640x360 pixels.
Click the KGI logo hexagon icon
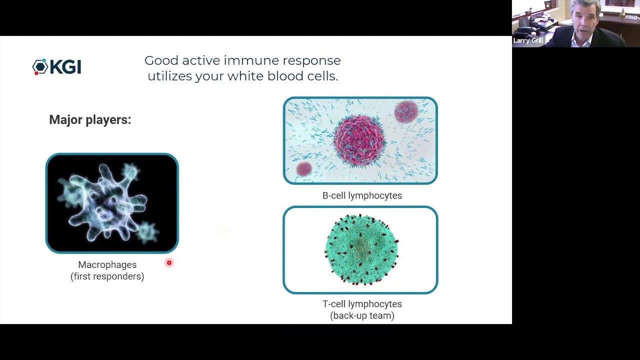[40, 67]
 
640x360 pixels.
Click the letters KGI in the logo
[65, 67]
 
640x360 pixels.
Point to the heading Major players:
[90, 119]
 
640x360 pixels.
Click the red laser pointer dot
[169, 262]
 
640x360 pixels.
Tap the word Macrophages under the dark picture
[107, 265]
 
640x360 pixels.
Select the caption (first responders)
[107, 276]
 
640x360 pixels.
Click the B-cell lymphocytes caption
[362, 195]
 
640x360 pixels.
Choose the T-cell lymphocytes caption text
[362, 304]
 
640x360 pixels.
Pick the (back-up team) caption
[362, 315]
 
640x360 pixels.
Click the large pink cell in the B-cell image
[359, 140]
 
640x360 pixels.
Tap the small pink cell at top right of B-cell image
[406, 111]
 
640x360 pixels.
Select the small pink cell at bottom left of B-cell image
[304, 169]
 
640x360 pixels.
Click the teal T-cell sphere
[361, 249]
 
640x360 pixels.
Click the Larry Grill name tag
[528, 40]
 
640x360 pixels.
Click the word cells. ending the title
[322, 76]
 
